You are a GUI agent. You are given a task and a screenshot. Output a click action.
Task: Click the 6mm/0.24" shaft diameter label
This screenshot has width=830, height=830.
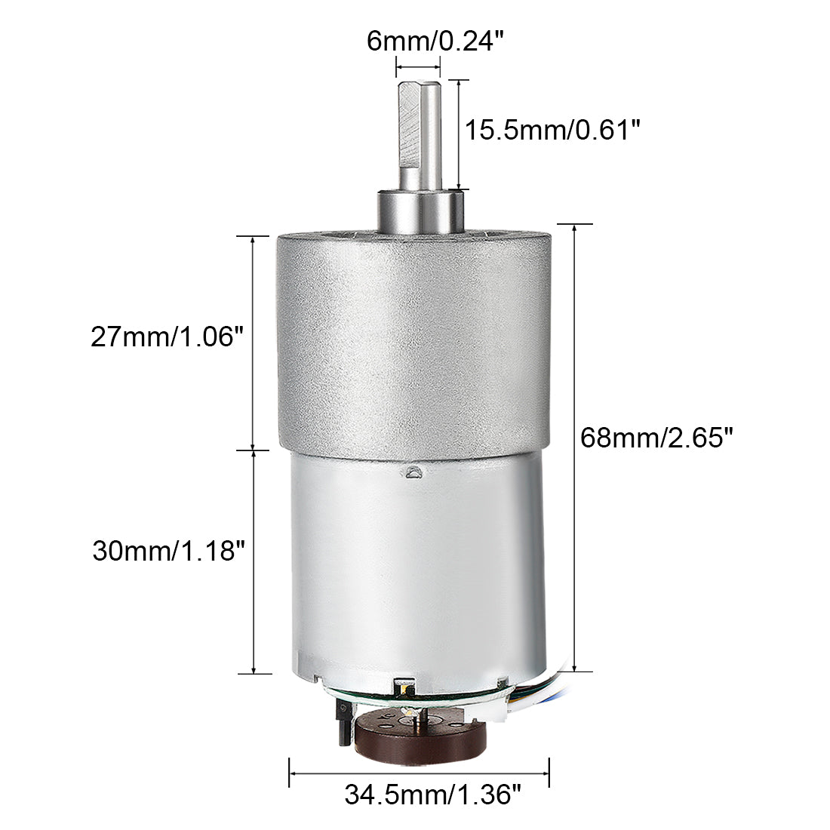434,41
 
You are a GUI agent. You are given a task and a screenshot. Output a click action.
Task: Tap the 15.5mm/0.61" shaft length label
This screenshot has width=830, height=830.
552,131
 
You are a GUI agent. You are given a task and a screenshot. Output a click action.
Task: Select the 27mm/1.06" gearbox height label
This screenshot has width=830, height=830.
168,336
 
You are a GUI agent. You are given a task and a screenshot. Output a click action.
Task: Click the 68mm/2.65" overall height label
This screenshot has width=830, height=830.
656,438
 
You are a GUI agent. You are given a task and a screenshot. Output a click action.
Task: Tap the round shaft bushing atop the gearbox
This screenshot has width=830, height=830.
419,212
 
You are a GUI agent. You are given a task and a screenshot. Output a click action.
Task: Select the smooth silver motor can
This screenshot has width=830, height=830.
415,573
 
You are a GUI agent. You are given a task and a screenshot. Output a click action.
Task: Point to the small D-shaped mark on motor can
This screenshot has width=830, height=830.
413,474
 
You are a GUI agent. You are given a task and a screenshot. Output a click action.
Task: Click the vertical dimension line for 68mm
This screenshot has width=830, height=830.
576,445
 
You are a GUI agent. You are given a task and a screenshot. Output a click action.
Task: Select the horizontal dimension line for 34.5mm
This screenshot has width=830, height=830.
419,773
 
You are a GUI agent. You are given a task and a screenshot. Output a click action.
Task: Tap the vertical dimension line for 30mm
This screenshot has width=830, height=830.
254,562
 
